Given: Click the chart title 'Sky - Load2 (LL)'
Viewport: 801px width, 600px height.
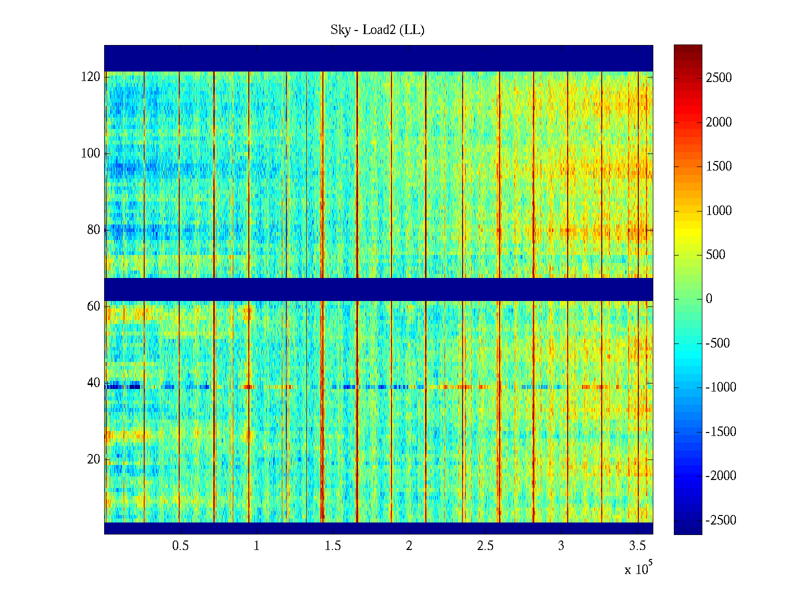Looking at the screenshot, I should pyautogui.click(x=377, y=30).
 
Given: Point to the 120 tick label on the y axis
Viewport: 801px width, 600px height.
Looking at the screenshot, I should pyautogui.click(x=91, y=76).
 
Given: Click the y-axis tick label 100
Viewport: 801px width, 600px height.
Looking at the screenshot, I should pyautogui.click(x=91, y=153).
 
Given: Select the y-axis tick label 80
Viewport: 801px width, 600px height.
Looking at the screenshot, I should pyautogui.click(x=94, y=229).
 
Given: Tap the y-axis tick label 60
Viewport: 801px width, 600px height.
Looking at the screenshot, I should pyautogui.click(x=94, y=306).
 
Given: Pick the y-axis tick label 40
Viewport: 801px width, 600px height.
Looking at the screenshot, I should pyautogui.click(x=94, y=382).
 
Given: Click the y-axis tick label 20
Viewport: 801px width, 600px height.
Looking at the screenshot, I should pyautogui.click(x=94, y=459).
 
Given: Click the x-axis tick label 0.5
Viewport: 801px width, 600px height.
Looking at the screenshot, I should pyautogui.click(x=180, y=546).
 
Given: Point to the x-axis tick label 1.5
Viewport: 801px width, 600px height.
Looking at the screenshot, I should pyautogui.click(x=333, y=546).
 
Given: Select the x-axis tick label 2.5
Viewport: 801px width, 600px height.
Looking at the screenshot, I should pyautogui.click(x=485, y=546).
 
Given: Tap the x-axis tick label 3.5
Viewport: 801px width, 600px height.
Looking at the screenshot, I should pyautogui.click(x=637, y=546).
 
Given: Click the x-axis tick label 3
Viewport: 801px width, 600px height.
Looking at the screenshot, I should pyautogui.click(x=561, y=546).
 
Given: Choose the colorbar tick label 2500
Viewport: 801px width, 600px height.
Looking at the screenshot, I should pyautogui.click(x=719, y=77).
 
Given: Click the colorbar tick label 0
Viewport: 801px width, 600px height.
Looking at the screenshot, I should pyautogui.click(x=709, y=299).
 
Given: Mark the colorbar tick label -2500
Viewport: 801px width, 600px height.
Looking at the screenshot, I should pyautogui.click(x=721, y=520).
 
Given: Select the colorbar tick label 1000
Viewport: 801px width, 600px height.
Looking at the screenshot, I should pyautogui.click(x=719, y=210).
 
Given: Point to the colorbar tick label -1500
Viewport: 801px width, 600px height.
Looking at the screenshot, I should pyautogui.click(x=721, y=431).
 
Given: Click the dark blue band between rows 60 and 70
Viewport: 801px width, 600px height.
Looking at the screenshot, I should pyautogui.click(x=378, y=289).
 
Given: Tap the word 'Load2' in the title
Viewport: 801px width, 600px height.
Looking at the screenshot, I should pyautogui.click(x=379, y=30).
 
